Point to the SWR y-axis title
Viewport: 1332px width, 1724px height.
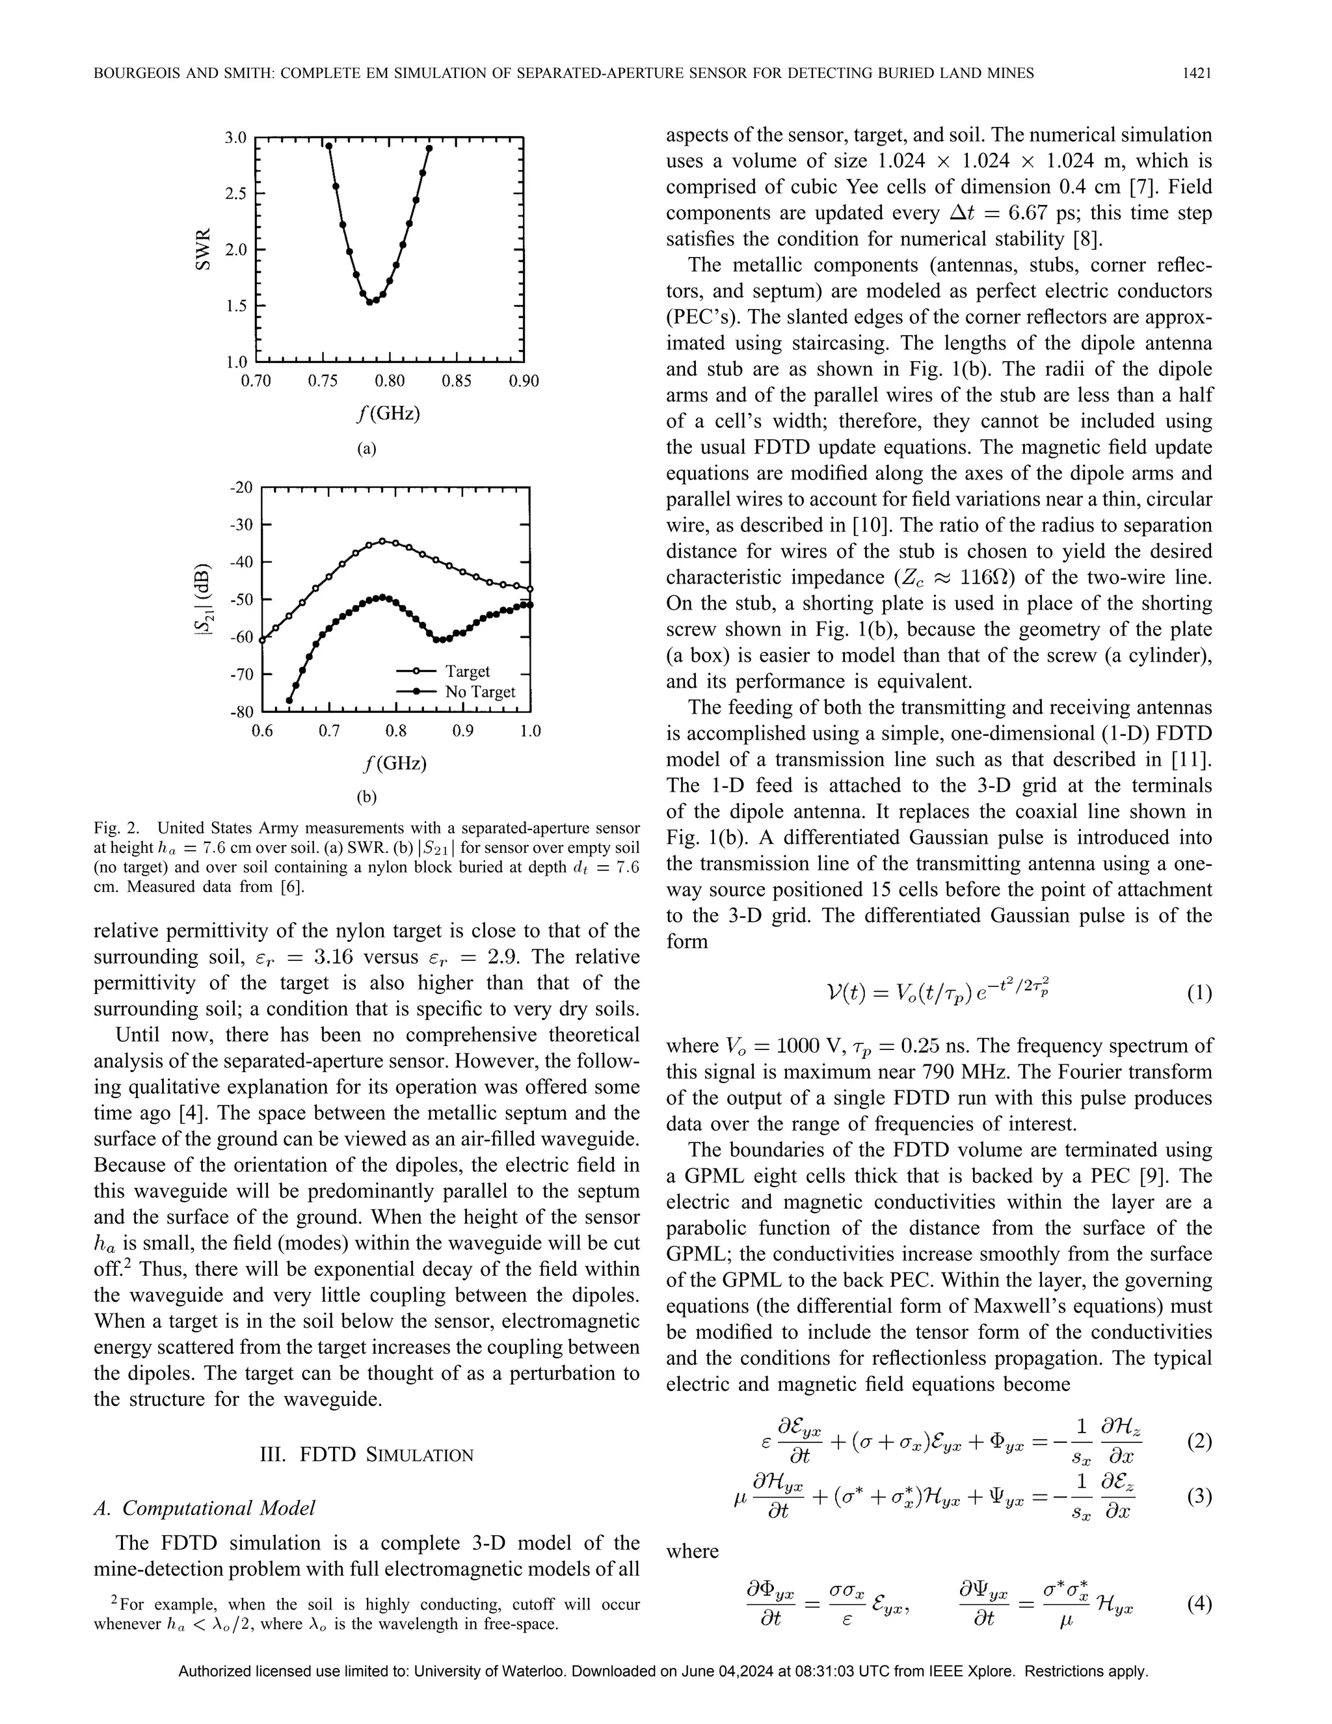coord(203,249)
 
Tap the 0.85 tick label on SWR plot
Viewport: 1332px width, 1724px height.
coord(456,381)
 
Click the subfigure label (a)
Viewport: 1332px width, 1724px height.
coord(367,449)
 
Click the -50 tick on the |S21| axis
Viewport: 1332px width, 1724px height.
coord(241,599)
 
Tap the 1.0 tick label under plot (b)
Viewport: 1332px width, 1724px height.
coord(530,731)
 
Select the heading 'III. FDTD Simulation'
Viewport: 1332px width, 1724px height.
coord(366,1455)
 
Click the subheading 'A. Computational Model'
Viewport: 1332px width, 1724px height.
coord(204,1509)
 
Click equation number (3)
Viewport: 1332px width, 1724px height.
coord(1199,1498)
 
